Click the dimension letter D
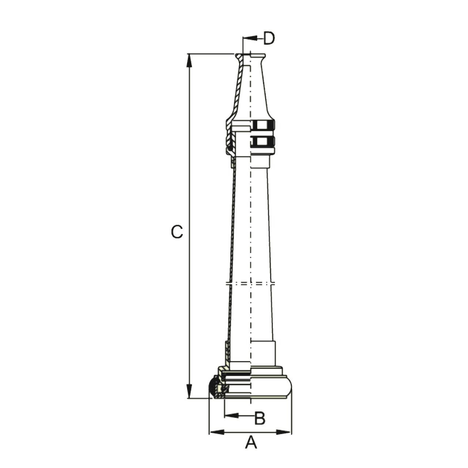(269, 38)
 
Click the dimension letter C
(177, 232)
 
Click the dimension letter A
(251, 449)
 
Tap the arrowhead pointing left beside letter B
(231, 416)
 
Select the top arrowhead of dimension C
(189, 60)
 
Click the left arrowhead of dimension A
(217, 432)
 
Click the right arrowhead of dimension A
(283, 432)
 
